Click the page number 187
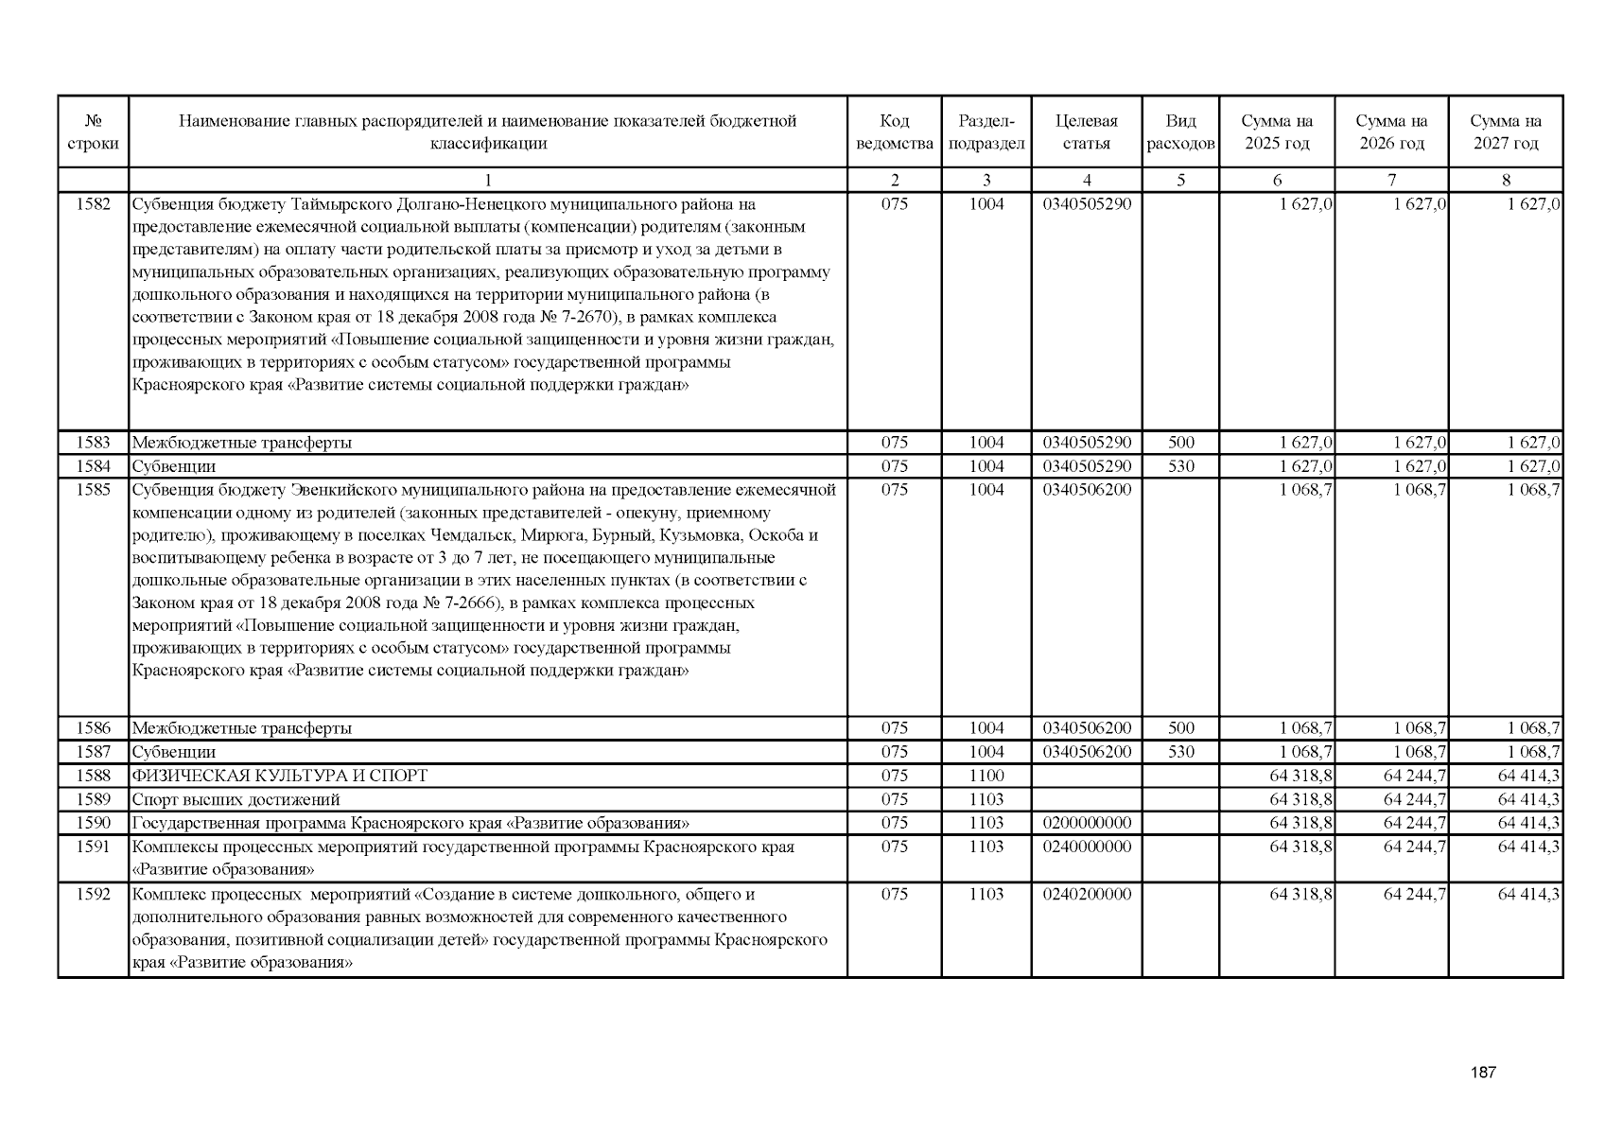point(1483,1073)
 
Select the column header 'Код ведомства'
point(894,132)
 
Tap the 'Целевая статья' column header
point(1086,132)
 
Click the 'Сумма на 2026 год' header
point(1391,132)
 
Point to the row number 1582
point(93,204)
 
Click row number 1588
point(93,776)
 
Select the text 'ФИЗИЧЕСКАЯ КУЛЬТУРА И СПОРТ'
point(280,776)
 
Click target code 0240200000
point(1086,894)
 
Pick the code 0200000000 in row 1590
point(1086,823)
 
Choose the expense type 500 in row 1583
point(1180,443)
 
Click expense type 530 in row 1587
point(1180,752)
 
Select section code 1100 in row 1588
point(986,776)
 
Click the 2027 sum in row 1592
point(1528,894)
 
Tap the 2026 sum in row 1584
point(1419,466)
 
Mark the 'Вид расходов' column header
point(1180,132)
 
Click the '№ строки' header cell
point(93,132)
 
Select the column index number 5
point(1180,180)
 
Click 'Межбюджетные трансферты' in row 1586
point(242,728)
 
